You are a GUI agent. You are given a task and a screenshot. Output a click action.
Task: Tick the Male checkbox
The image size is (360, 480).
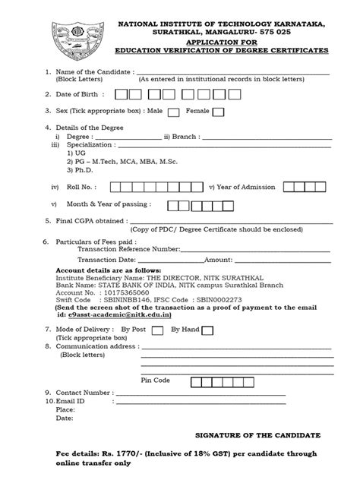[x=173, y=112]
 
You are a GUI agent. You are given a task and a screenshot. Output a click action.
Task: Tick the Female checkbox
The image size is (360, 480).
[x=218, y=112]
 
